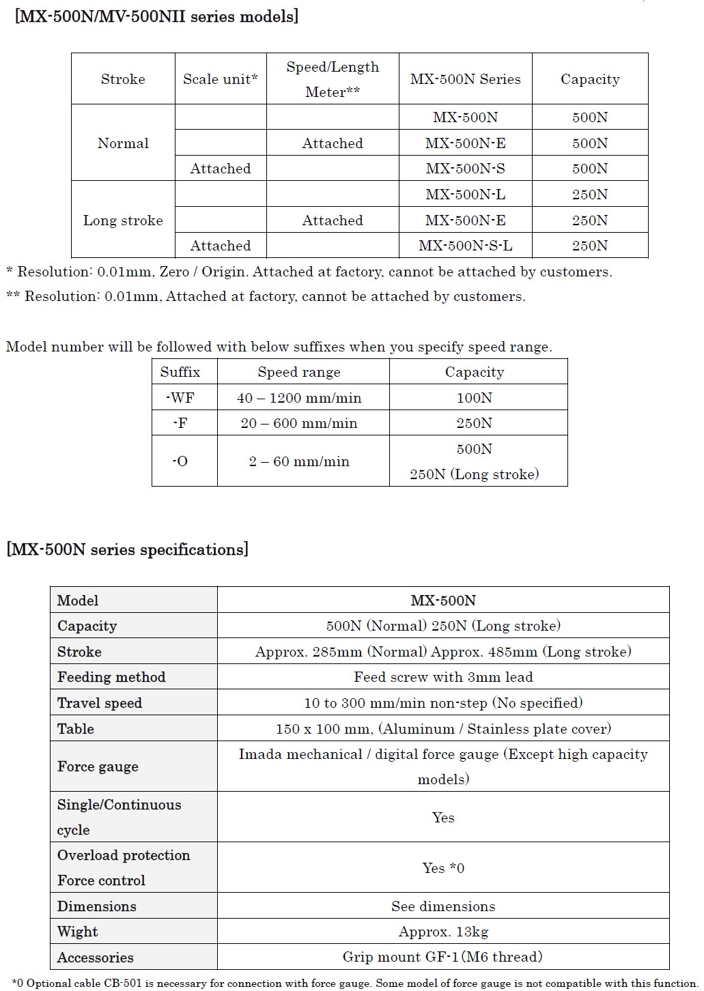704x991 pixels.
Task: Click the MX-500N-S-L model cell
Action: tap(465, 246)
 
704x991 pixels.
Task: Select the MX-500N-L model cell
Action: tap(465, 195)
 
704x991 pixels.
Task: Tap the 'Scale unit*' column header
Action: tap(220, 79)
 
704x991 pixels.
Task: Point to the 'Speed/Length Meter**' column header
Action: tap(333, 79)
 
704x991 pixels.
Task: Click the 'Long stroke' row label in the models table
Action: tap(123, 220)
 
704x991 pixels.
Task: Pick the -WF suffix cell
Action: tap(180, 398)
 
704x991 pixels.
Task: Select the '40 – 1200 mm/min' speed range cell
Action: tap(299, 398)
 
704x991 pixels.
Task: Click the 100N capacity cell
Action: tap(474, 398)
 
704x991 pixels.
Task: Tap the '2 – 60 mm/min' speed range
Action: tap(299, 461)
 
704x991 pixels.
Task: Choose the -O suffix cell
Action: tap(180, 461)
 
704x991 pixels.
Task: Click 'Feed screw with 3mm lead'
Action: tap(443, 677)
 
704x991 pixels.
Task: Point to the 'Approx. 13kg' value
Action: tap(443, 932)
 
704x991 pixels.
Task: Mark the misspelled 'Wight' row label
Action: tap(77, 932)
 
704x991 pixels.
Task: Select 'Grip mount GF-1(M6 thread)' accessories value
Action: tap(442, 957)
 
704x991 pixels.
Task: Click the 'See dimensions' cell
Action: tap(443, 906)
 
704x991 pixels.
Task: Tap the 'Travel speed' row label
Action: tap(100, 703)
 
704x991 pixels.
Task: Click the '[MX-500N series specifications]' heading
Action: tap(127, 549)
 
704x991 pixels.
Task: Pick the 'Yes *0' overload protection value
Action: tap(443, 868)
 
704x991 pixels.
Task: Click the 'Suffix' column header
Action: tap(180, 372)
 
